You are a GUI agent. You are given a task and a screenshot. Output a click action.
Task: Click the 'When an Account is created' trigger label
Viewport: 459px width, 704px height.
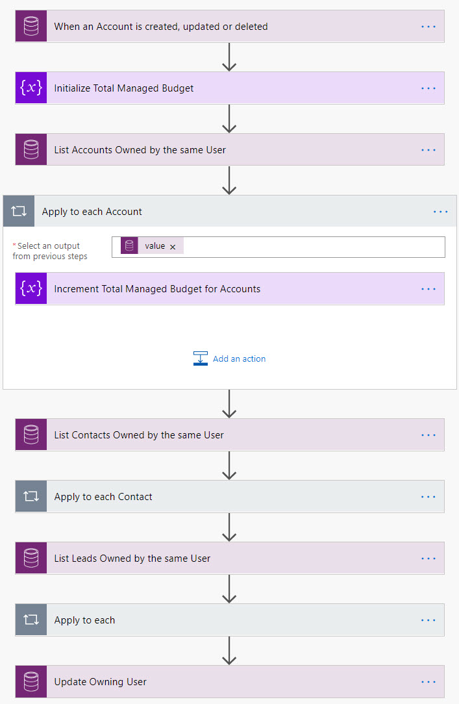(160, 27)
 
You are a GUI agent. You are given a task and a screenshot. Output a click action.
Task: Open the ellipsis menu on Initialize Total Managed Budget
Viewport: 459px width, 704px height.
(428, 88)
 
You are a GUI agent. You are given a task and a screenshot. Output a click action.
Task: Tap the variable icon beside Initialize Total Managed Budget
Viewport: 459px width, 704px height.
(31, 88)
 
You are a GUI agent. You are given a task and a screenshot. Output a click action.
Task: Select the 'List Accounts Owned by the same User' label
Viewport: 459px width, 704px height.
(140, 150)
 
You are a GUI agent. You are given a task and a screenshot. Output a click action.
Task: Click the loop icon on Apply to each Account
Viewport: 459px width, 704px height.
(19, 212)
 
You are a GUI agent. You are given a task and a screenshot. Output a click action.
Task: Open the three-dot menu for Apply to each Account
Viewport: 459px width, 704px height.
(440, 212)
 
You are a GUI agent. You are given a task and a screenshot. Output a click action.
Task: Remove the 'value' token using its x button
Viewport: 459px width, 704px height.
(173, 247)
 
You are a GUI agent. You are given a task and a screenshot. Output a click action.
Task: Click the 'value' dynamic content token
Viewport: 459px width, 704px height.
(155, 246)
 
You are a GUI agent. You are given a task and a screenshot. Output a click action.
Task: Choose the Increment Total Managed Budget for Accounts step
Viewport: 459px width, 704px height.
(157, 289)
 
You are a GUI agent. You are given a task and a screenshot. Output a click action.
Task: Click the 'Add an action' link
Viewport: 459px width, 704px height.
(239, 358)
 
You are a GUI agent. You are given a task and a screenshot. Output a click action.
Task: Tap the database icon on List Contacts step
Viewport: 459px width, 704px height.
(31, 435)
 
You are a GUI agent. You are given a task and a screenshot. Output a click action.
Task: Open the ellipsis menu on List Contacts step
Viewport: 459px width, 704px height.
(428, 435)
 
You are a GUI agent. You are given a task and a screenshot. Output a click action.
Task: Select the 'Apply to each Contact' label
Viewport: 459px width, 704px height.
(103, 497)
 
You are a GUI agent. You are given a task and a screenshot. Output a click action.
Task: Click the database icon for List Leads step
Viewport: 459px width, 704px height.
(31, 559)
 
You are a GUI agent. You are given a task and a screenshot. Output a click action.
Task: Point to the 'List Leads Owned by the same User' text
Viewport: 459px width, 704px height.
(132, 559)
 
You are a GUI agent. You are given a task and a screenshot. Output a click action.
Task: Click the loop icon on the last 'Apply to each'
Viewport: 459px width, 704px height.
(31, 620)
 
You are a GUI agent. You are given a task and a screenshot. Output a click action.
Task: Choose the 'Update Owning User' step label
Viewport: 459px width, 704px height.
(100, 682)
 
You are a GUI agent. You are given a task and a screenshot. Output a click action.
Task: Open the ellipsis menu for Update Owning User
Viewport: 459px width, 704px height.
(428, 682)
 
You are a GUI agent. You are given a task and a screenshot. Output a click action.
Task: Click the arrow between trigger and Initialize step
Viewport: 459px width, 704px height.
(229, 58)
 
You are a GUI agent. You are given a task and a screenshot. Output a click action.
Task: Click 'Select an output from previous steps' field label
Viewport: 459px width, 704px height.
(49, 251)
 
